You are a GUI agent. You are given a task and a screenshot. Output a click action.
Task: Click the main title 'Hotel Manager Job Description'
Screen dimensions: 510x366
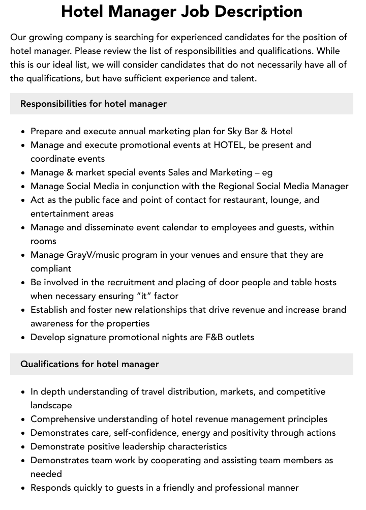pyautogui.click(x=181, y=12)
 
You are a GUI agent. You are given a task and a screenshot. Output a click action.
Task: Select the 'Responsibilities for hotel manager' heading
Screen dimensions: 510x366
pyautogui.click(x=94, y=104)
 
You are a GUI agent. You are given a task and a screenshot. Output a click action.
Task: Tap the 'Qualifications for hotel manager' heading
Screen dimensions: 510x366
pyautogui.click(x=89, y=364)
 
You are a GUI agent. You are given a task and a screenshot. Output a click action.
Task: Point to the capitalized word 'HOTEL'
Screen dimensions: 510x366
pyautogui.click(x=229, y=145)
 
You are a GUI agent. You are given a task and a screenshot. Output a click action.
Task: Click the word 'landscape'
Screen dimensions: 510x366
pyautogui.click(x=51, y=405)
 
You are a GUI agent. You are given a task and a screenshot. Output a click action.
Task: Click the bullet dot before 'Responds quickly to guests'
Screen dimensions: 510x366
pyautogui.click(x=23, y=488)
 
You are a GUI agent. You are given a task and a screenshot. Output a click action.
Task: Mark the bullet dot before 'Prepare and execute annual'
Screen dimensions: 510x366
pyautogui.click(x=23, y=132)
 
